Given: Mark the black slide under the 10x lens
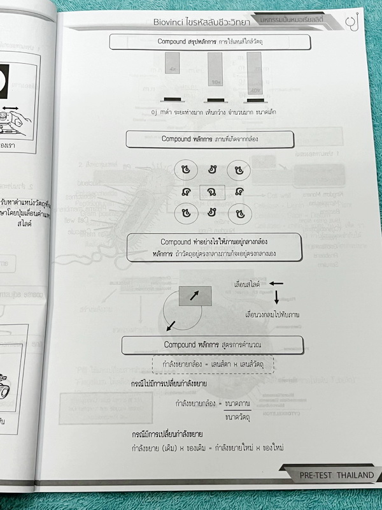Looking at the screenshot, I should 214,100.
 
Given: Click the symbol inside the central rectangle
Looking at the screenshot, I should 210,191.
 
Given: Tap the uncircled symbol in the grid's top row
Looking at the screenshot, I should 210,170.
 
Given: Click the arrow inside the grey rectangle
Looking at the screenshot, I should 194,296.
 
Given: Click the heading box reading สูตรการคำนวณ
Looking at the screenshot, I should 207,345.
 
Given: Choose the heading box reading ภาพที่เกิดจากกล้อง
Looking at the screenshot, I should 210,139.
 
